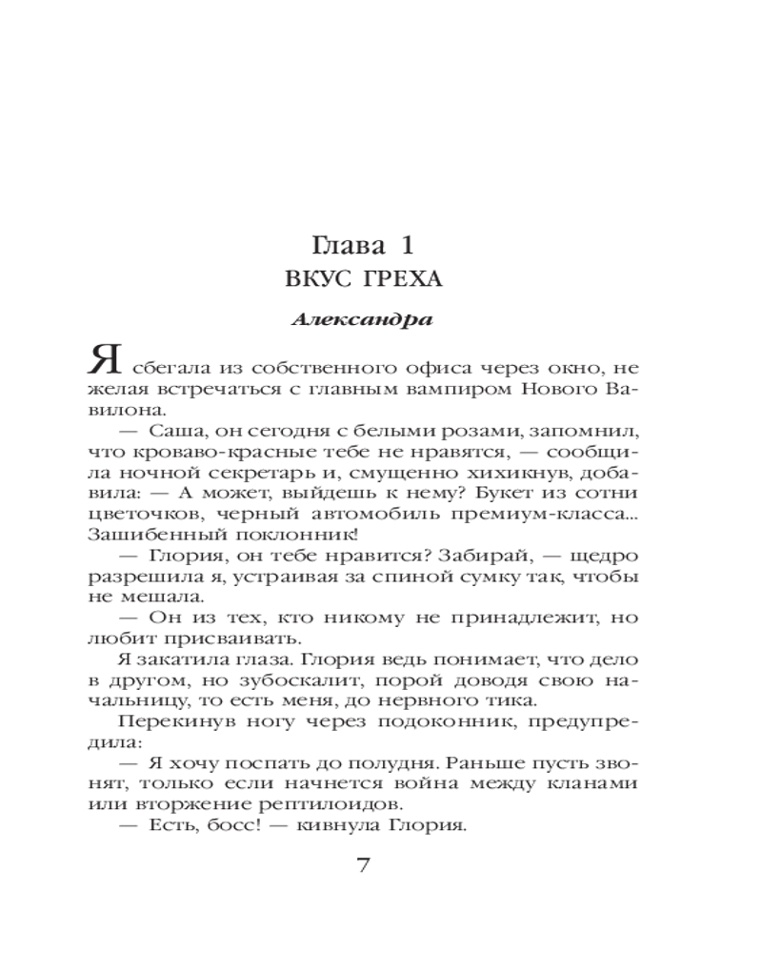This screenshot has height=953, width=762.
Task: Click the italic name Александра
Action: [x=361, y=319]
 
